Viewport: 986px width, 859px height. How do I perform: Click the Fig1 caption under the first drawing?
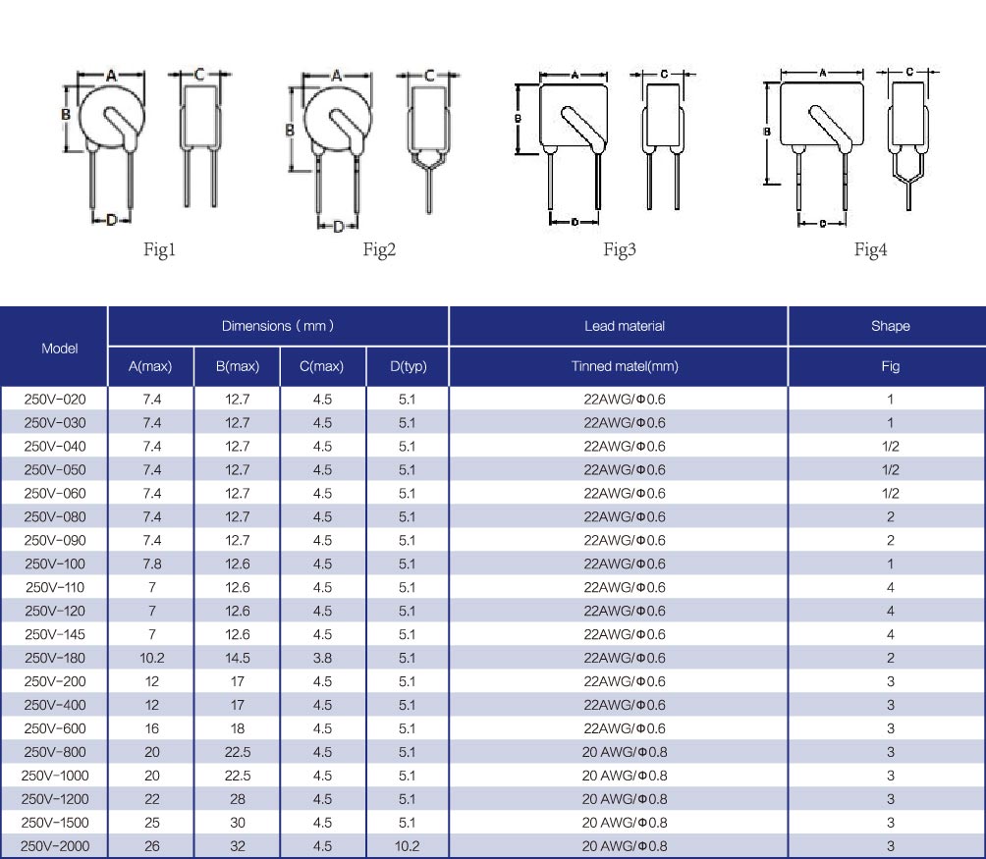[x=159, y=250]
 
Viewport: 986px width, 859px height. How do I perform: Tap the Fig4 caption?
[x=870, y=250]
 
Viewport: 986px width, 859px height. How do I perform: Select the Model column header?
[x=60, y=349]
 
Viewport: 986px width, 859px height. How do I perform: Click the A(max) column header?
[x=150, y=366]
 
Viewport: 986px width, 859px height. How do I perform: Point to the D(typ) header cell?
[x=409, y=366]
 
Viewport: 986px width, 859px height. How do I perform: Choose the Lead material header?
[x=625, y=326]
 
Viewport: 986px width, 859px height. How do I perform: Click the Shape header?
[x=891, y=326]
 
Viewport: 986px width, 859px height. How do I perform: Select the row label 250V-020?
[x=55, y=399]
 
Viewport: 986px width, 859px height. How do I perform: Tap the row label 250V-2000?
[x=55, y=846]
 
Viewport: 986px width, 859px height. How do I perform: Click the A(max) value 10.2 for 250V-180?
[x=152, y=658]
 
